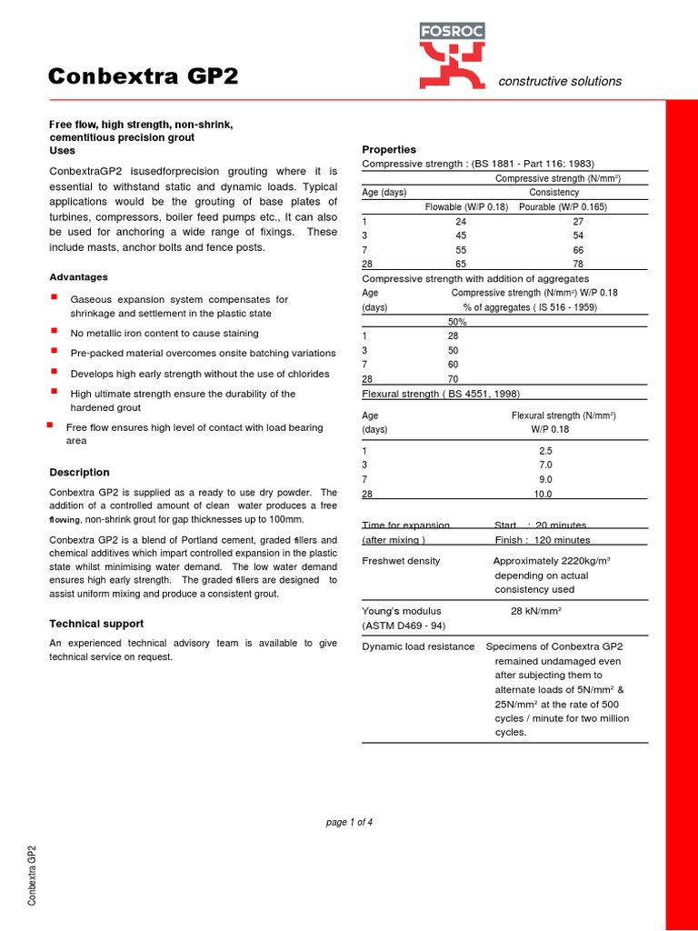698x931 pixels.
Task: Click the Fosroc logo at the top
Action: (x=452, y=55)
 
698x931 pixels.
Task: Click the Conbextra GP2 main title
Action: (x=143, y=77)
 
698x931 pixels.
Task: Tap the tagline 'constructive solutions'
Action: (x=560, y=81)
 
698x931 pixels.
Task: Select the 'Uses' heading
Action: (x=62, y=150)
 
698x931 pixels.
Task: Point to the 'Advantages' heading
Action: (x=78, y=277)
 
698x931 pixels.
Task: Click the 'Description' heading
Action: (x=79, y=473)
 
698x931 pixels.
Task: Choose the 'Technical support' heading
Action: (x=95, y=624)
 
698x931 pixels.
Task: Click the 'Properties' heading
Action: (x=389, y=149)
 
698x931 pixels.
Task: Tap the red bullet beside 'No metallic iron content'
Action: (x=55, y=332)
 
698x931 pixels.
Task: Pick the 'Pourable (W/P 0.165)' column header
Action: (x=563, y=207)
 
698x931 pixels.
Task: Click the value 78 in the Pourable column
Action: (x=578, y=265)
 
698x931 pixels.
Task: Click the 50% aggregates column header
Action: (x=457, y=322)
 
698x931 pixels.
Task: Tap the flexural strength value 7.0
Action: (x=545, y=465)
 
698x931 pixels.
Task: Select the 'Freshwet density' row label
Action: (x=401, y=561)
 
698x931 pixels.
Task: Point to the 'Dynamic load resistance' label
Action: (x=418, y=646)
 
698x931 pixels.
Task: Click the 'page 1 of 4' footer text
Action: (x=349, y=823)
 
